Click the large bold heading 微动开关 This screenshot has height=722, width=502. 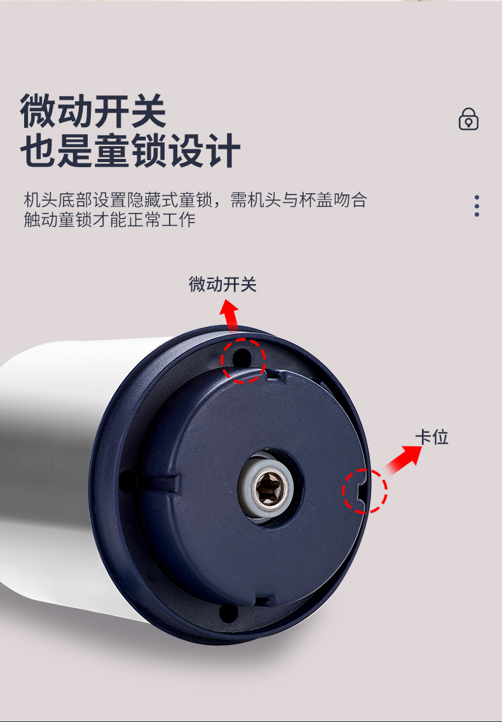coord(93,111)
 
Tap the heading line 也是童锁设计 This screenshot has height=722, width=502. coord(130,151)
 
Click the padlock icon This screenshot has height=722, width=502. coord(468,119)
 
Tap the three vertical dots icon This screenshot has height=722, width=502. coord(477,205)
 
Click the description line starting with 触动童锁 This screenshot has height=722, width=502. coord(109,220)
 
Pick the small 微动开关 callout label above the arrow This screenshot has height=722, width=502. coord(222,284)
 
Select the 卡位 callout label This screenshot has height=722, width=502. coord(432,437)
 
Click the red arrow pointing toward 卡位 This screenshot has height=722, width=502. coord(403,460)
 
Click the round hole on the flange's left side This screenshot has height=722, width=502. coord(127,480)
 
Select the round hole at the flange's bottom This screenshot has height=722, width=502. coord(228,613)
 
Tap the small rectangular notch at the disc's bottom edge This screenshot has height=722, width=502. coord(263,601)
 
